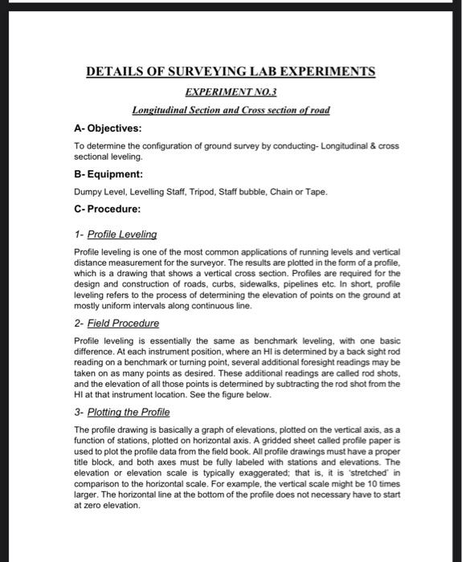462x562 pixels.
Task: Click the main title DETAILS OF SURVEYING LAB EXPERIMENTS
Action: click(231, 72)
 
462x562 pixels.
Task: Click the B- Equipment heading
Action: click(108, 173)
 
